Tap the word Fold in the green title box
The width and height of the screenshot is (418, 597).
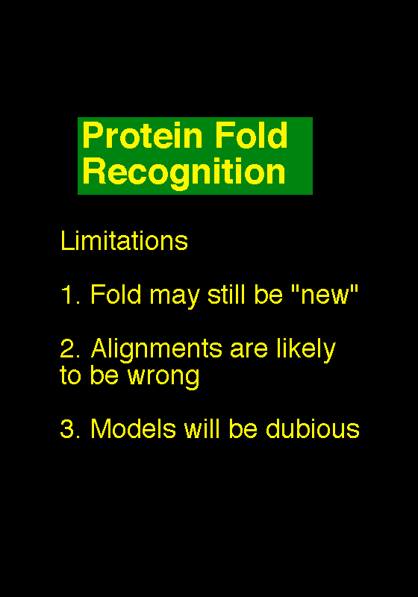coord(252,135)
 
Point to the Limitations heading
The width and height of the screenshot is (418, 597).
coord(124,240)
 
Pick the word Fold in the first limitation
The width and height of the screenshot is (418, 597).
coord(116,294)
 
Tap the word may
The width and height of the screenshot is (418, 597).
coord(175,297)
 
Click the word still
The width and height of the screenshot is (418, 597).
coord(226,294)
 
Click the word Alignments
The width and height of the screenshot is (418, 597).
coord(157,350)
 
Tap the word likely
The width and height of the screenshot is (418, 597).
coord(306,350)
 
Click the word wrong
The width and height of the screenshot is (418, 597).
coord(163,378)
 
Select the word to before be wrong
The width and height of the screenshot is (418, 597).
coord(70,375)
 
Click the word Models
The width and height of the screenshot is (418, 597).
coord(134,428)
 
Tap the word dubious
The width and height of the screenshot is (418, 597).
coord(313,428)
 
